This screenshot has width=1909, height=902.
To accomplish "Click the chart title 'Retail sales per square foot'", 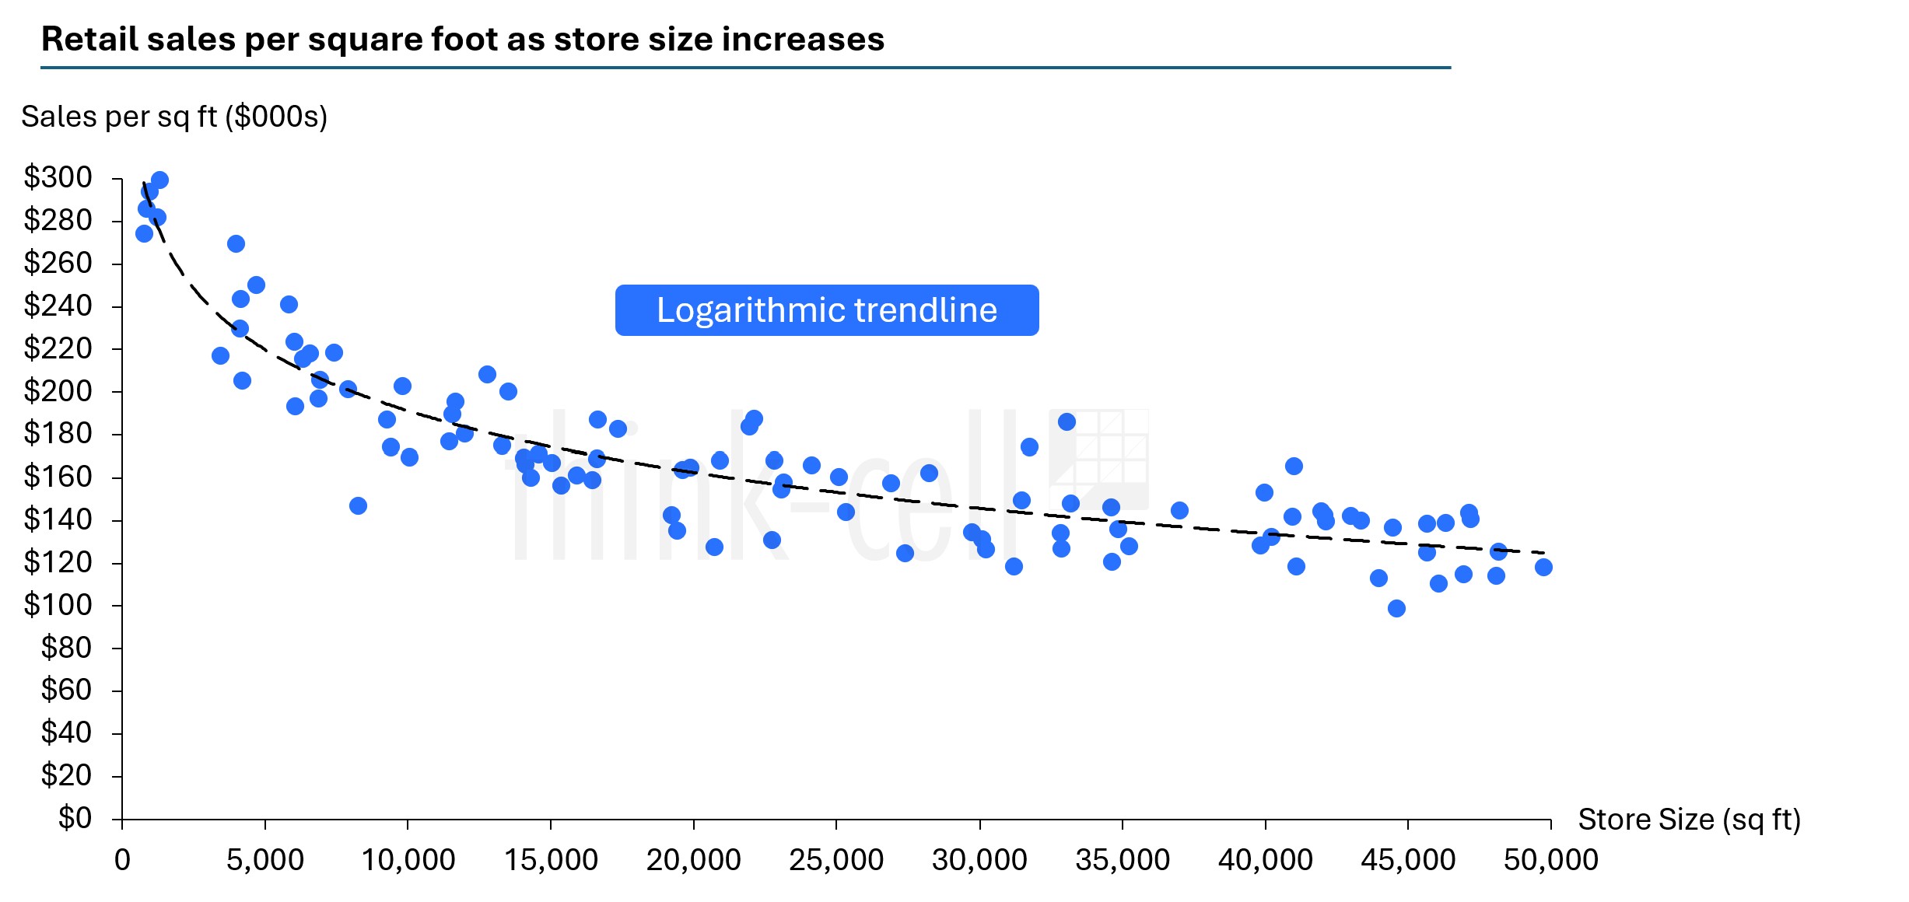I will [x=462, y=39].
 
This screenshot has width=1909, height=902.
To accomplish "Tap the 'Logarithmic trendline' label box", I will [x=826, y=310].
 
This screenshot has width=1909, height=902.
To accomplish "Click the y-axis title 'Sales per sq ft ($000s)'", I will [x=174, y=117].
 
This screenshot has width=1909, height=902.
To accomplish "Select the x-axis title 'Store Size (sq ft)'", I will [x=1689, y=820].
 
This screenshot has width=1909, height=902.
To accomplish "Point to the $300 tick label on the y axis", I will [x=58, y=177].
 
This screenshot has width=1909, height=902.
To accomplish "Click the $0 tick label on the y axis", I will [x=75, y=818].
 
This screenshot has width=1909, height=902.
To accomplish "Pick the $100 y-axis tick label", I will [x=58, y=604].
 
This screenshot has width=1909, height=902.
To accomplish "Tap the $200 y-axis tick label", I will [x=58, y=390].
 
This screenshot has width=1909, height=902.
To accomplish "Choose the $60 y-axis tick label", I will [x=66, y=690].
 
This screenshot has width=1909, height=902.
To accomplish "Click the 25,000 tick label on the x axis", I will [x=836, y=860].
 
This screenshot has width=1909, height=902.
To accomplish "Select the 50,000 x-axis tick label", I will [x=1550, y=860].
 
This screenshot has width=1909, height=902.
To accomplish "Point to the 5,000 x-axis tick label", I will [x=265, y=860].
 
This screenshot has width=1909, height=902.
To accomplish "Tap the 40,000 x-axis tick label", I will [x=1265, y=860].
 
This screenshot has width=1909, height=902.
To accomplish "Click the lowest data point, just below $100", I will [x=1396, y=608].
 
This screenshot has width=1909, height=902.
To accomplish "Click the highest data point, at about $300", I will [x=159, y=180].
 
